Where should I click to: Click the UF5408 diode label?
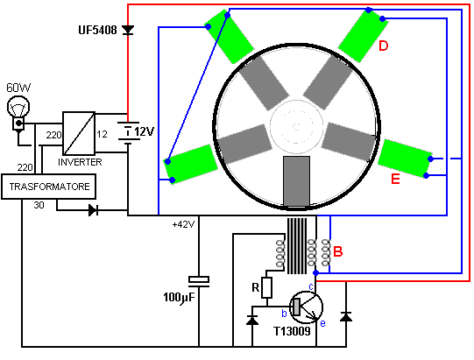coord(97,30)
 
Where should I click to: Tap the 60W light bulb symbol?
coord(18,112)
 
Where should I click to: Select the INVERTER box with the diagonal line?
coord(79,133)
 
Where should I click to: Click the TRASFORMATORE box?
coord(49,187)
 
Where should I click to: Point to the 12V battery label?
coord(145,131)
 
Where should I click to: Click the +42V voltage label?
coord(183,224)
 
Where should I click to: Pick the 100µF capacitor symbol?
coord(199,281)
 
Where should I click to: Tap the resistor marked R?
coord(266,288)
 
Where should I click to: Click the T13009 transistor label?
coord(292,331)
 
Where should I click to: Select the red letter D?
coord(383,46)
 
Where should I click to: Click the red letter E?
coord(395,179)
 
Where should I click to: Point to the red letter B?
coord(337,251)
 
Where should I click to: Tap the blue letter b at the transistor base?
coord(284,314)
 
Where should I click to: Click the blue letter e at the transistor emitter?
coord(322,323)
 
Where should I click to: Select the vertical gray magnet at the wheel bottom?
coord(296,181)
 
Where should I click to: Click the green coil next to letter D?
coord(363,35)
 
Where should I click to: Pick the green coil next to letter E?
coord(405,158)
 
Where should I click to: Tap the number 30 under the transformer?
coord(39,205)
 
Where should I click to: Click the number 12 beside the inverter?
coord(102,134)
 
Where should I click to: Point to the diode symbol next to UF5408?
coord(128,30)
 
